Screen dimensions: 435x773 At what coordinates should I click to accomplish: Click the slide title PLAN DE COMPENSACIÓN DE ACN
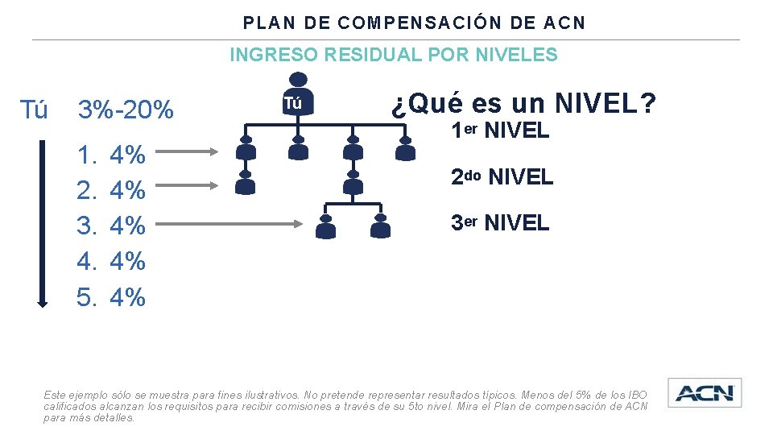pyautogui.click(x=415, y=23)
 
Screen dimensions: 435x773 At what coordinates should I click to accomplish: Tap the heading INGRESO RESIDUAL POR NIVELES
pyautogui.click(x=393, y=55)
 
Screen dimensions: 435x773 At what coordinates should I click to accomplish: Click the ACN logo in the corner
pyautogui.click(x=705, y=393)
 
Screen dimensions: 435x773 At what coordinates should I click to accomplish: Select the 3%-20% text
pyautogui.click(x=125, y=110)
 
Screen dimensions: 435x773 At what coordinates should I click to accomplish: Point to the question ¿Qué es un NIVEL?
pyautogui.click(x=523, y=103)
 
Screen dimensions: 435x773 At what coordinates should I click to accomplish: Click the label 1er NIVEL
pyautogui.click(x=499, y=130)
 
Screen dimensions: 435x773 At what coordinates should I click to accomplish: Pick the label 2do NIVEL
pyautogui.click(x=502, y=176)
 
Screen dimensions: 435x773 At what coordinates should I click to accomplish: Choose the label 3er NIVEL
pyautogui.click(x=499, y=222)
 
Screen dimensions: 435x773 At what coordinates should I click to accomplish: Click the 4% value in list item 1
pyautogui.click(x=127, y=155)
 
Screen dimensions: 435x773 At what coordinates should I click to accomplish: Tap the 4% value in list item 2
pyautogui.click(x=127, y=190)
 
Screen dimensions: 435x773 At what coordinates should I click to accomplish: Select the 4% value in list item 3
pyautogui.click(x=127, y=226)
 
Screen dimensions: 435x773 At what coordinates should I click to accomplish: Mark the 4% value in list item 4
pyautogui.click(x=127, y=261)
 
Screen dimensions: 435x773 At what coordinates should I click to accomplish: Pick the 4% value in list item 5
pyautogui.click(x=127, y=297)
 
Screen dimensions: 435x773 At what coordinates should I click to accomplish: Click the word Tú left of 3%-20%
pyautogui.click(x=33, y=110)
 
